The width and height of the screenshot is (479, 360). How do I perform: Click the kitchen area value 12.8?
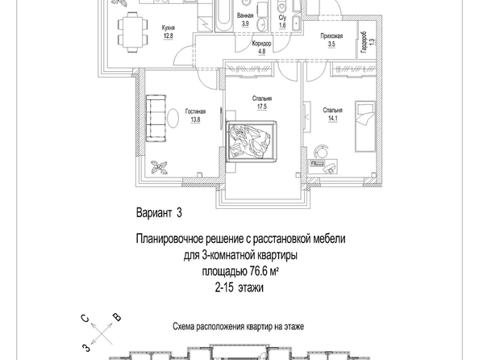tap(169, 36)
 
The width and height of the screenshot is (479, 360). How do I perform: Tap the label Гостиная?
tap(195, 111)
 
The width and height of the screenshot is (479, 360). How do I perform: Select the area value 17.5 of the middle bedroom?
tap(262, 107)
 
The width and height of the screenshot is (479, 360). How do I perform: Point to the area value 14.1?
tap(332, 119)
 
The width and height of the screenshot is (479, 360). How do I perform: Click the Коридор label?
tap(262, 44)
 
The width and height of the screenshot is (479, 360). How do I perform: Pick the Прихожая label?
tap(331, 36)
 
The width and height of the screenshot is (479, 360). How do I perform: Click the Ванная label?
tap(245, 16)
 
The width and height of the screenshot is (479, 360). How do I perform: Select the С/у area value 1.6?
tap(282, 26)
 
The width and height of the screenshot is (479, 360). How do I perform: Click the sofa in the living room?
tap(156, 119)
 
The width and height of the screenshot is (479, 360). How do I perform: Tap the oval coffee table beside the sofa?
tap(173, 119)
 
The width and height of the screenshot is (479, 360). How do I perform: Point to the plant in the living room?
tap(159, 168)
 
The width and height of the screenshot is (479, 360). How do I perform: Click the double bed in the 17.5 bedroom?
tap(251, 140)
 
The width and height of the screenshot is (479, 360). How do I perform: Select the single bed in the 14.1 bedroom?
tap(364, 127)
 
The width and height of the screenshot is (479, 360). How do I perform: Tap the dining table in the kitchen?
tap(133, 31)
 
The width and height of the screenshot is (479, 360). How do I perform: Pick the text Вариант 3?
tap(159, 213)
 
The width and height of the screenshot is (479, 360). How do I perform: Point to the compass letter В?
tap(117, 317)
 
